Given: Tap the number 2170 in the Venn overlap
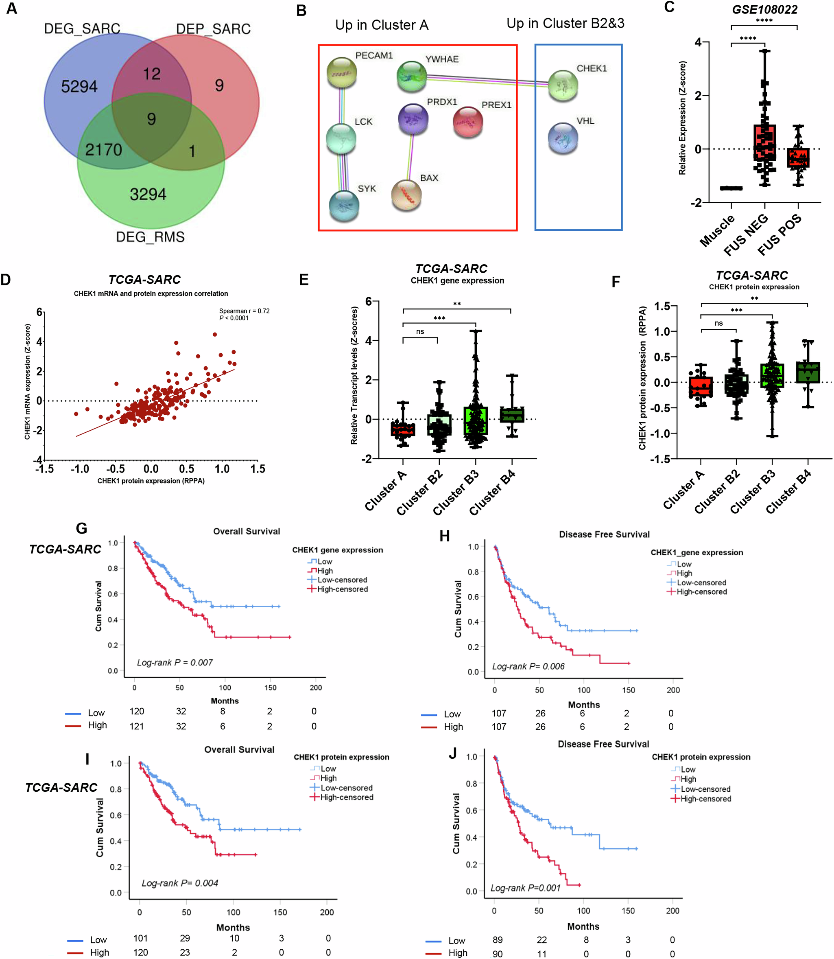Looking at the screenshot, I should tap(103, 150).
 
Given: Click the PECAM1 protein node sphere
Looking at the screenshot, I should tap(342, 72).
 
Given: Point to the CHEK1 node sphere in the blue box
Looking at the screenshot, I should tap(563, 85).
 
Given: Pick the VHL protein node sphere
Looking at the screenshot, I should tap(563, 138).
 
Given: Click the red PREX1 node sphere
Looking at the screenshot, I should tap(468, 122).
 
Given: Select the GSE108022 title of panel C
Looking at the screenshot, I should tap(765, 9).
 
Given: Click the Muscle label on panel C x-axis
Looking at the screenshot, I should tap(717, 230).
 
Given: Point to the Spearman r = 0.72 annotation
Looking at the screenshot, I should tap(245, 311).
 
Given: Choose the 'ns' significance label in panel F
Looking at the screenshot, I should tap(718, 323).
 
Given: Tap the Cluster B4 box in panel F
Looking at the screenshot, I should tap(808, 372).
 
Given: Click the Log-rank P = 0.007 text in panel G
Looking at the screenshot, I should tap(175, 662).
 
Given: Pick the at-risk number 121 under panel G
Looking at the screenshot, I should tap(137, 726).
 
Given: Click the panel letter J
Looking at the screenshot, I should tap(452, 753).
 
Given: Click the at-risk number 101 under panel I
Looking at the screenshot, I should tap(140, 938).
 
